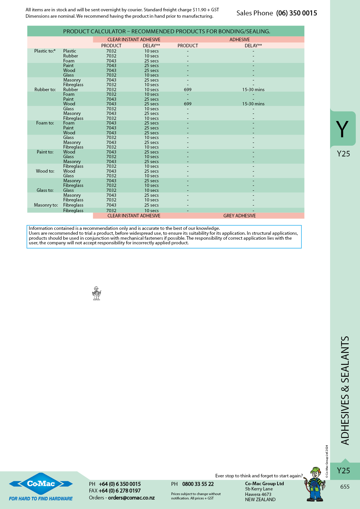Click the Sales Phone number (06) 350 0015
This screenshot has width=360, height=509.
point(296,13)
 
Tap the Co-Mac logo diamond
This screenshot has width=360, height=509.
point(41,483)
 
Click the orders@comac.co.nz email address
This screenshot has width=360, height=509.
point(131,498)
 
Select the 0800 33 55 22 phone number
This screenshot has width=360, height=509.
point(198,484)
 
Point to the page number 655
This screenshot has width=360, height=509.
point(345,487)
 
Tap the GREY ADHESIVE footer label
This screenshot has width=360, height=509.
point(240,216)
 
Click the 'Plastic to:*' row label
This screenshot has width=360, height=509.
point(45,51)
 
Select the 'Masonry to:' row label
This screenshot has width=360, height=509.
point(46,205)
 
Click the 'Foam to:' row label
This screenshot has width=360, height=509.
point(45,123)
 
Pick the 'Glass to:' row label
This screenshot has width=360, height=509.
point(45,190)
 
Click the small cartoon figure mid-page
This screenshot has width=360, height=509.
point(97,293)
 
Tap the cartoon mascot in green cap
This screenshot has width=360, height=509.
point(315,484)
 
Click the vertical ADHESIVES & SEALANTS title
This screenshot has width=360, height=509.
point(345,390)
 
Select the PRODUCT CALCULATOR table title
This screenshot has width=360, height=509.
point(167,31)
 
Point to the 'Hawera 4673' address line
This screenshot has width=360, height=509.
point(258,494)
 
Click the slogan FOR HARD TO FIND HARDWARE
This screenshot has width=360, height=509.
point(41,499)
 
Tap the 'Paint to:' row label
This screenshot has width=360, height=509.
point(45,152)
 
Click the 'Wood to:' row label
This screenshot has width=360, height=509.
point(45,171)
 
